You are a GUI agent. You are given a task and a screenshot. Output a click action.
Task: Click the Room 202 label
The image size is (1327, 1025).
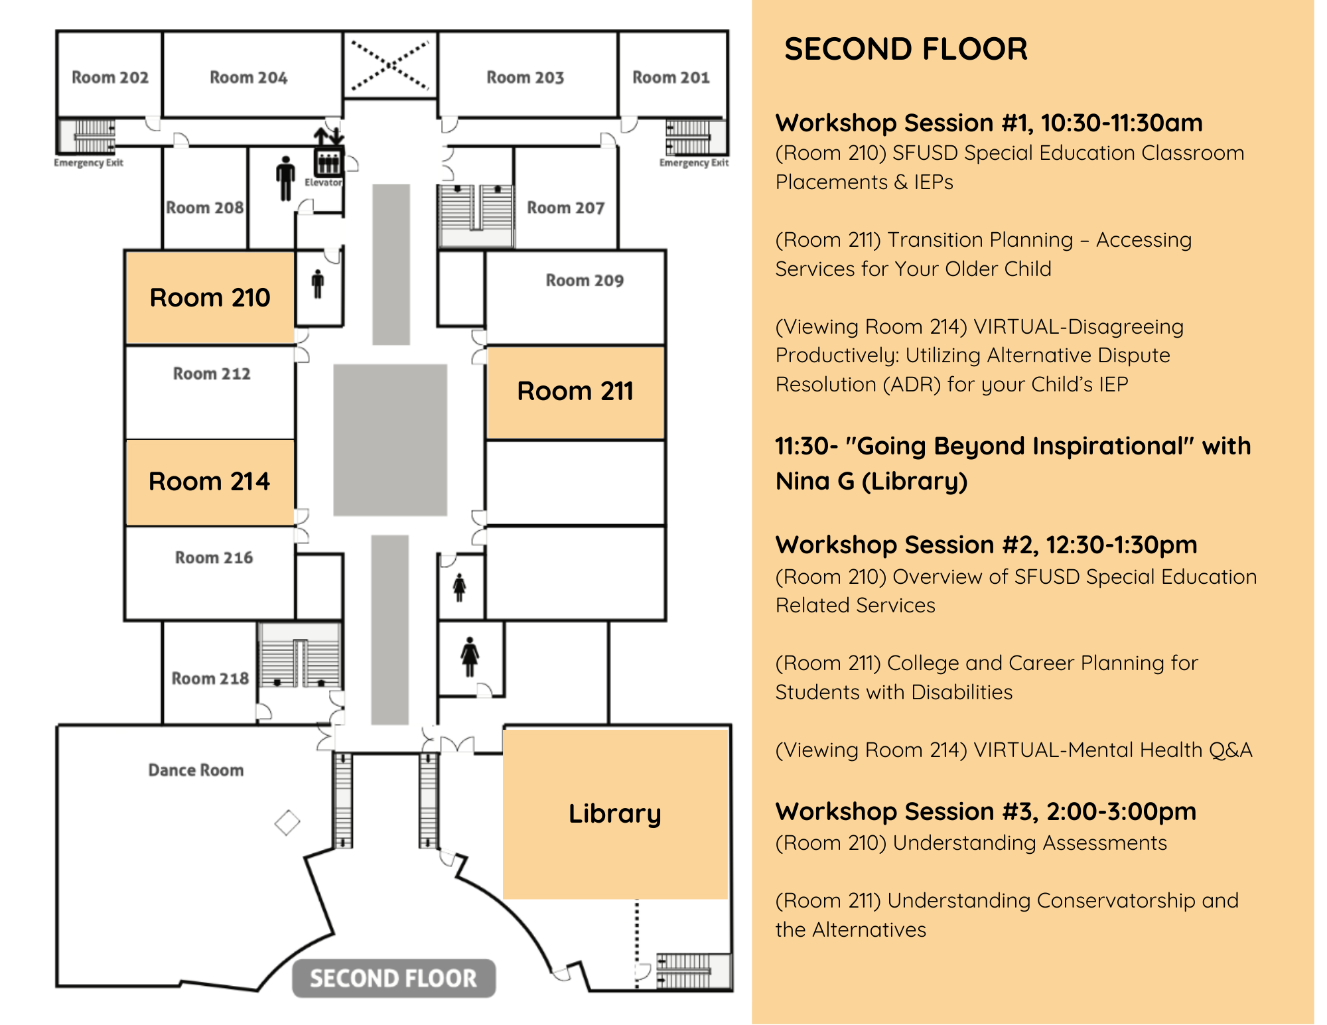pos(110,78)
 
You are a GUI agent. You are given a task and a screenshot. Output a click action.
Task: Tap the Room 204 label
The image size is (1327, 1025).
pos(249,78)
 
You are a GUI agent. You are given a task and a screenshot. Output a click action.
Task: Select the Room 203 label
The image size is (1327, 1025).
pos(525,78)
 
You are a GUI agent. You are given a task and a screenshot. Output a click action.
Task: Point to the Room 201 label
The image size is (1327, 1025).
pos(671,78)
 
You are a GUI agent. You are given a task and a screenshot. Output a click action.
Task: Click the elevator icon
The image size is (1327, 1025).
pos(328,161)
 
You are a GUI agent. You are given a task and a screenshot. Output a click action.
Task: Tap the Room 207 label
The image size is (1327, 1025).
pos(566,208)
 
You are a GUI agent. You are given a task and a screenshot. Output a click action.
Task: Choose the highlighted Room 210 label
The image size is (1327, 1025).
pos(210,297)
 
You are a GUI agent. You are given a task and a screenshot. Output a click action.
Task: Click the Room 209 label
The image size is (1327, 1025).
pos(585,281)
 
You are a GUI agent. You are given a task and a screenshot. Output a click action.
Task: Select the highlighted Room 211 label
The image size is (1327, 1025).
pos(575,391)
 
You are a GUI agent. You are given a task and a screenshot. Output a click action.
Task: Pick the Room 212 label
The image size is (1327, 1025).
pos(212,374)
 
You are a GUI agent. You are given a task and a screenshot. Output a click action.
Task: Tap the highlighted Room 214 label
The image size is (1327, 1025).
pos(210,481)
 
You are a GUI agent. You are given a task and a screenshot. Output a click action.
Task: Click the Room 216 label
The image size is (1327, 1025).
pos(214,557)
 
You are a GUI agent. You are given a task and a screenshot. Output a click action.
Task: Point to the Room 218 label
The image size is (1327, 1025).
pos(210,678)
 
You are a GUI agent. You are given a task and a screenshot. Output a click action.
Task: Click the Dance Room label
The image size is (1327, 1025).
pos(196,770)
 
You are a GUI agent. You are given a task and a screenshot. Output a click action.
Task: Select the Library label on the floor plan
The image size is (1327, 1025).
pos(615,813)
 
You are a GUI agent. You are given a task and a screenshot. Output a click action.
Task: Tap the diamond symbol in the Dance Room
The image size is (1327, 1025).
pos(287,823)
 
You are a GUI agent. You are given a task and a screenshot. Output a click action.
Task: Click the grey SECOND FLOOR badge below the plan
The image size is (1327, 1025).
pos(393,978)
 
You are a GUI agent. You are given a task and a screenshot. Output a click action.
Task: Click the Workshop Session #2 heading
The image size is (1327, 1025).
pos(987,545)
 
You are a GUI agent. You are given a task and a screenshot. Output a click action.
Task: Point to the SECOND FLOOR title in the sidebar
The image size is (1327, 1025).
pos(906,49)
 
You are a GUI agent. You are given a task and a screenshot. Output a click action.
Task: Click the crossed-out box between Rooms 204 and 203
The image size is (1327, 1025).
pos(390,65)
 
